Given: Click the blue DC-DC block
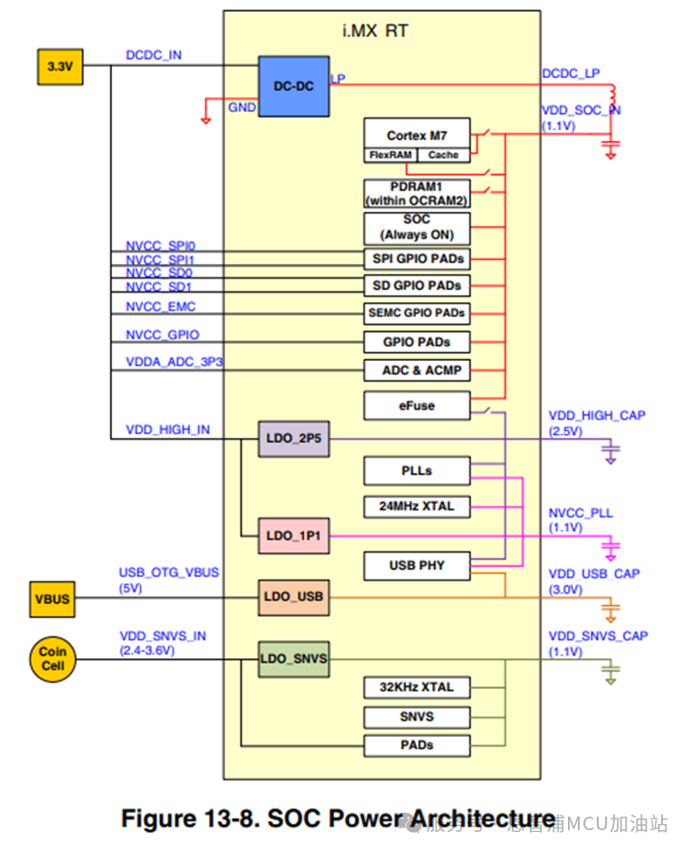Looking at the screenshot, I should [293, 86].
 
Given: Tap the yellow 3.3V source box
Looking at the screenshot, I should [59, 66].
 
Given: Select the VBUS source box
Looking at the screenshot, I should [52, 598].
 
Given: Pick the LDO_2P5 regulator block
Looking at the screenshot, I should [294, 440].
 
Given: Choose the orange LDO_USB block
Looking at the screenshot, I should [294, 597].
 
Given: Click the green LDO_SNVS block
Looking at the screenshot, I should [293, 659].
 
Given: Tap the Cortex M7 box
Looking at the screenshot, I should [416, 136].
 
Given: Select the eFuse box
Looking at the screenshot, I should [416, 406].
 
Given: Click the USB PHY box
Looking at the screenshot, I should [416, 566].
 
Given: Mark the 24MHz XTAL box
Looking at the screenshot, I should [416, 506].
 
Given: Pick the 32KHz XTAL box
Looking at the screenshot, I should [416, 687].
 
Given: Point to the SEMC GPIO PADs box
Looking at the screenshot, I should [416, 313].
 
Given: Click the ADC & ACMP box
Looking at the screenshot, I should [416, 370].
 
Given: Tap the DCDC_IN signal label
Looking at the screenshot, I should [153, 55].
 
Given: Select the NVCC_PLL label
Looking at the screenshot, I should [580, 513].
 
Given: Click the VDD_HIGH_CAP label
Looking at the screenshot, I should [596, 415].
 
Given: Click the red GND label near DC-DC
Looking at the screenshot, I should [241, 107].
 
